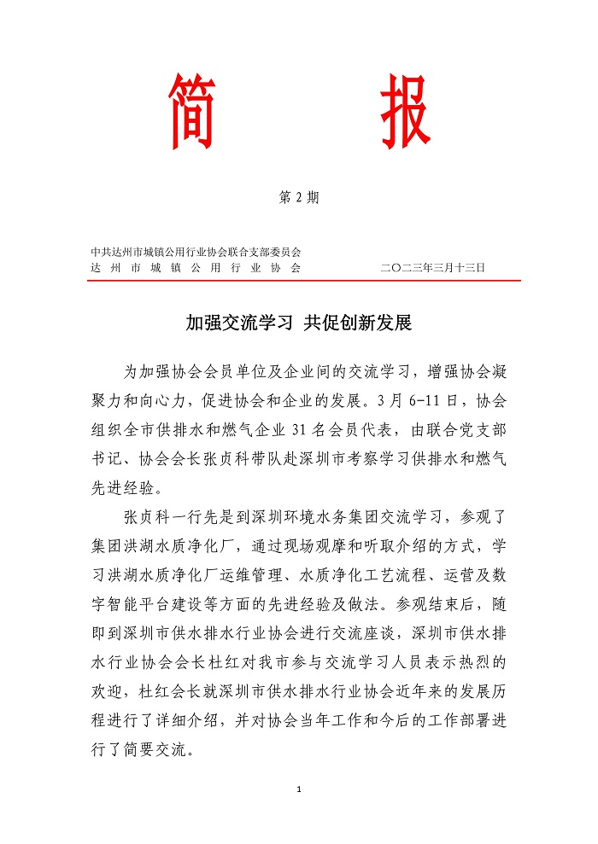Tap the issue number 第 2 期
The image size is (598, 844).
tap(299, 198)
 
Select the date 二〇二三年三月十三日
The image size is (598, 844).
tap(433, 267)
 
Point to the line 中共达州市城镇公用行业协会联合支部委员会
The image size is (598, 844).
tap(196, 252)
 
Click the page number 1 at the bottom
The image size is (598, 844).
tap(299, 789)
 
